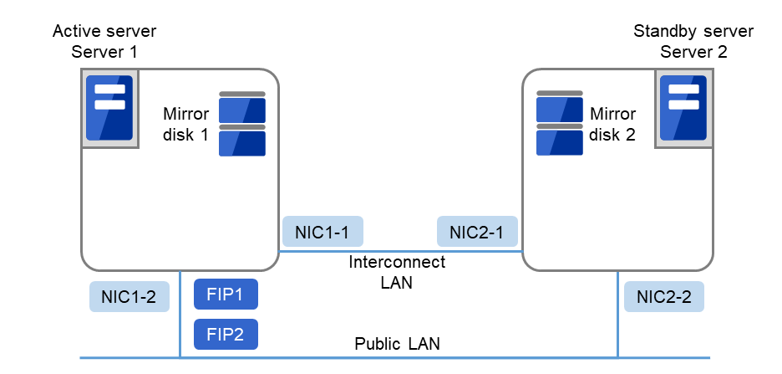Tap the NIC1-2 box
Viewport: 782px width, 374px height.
(129, 295)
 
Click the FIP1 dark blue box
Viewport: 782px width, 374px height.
(226, 295)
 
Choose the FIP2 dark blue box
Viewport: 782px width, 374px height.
(226, 334)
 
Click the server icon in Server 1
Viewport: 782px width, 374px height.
(110, 109)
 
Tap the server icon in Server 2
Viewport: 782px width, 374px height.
(683, 109)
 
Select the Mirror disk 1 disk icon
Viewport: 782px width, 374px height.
(242, 124)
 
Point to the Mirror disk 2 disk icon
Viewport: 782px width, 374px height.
(560, 124)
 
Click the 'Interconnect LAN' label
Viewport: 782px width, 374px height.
(397, 273)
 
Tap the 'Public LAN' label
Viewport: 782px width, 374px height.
(397, 343)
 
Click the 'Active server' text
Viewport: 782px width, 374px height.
(104, 32)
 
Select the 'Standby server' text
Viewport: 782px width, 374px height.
(693, 32)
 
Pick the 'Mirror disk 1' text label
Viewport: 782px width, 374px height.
(185, 123)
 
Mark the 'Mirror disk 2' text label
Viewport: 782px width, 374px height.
(613, 123)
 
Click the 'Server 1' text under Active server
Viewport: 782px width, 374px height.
(104, 52)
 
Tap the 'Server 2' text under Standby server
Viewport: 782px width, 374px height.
(693, 52)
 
